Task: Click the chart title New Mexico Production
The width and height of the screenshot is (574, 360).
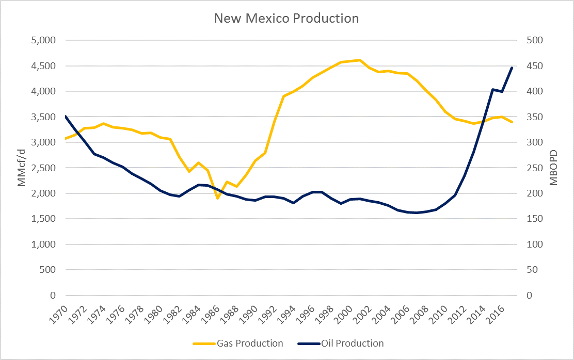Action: (x=286, y=19)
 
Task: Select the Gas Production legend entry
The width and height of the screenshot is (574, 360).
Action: (x=250, y=343)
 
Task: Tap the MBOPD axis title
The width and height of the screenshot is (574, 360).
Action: (x=553, y=168)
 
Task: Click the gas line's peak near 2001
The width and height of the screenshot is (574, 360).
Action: (x=360, y=60)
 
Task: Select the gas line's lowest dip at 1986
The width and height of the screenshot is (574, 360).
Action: (x=218, y=198)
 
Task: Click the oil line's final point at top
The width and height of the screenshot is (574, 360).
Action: (x=512, y=68)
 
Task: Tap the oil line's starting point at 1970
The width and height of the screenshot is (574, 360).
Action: (x=66, y=117)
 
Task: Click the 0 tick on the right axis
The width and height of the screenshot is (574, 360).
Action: (x=531, y=296)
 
